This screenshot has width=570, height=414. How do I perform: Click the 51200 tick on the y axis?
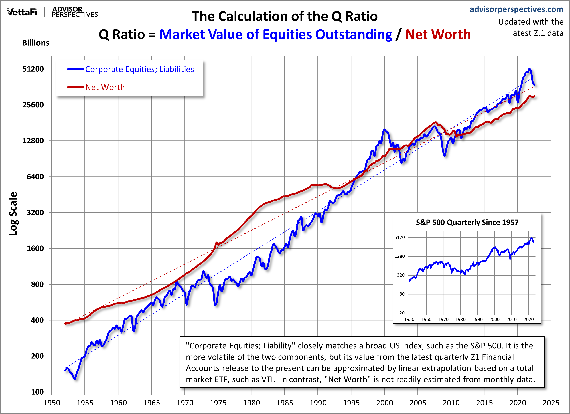(33, 69)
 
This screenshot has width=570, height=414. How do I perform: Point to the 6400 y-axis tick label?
(35, 177)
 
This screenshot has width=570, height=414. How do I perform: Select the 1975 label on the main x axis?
(218, 403)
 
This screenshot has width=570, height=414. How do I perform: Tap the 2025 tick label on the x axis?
(551, 403)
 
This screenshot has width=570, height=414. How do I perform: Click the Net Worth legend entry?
(105, 87)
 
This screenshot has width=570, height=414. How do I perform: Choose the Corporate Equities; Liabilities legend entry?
(139, 69)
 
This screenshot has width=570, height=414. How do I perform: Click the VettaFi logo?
(22, 12)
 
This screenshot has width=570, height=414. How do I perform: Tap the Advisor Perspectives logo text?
(75, 12)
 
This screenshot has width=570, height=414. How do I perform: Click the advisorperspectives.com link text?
(516, 9)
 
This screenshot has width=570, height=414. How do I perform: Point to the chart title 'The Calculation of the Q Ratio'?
(285, 16)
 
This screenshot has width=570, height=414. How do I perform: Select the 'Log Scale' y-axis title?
(13, 213)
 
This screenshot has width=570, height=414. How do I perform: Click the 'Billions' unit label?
(36, 43)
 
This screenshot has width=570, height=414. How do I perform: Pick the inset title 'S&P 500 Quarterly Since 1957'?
(467, 222)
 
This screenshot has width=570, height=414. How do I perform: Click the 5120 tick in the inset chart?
(400, 237)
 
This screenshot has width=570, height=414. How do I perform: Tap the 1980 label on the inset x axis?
(460, 319)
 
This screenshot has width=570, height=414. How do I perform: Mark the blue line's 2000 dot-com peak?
(384, 130)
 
